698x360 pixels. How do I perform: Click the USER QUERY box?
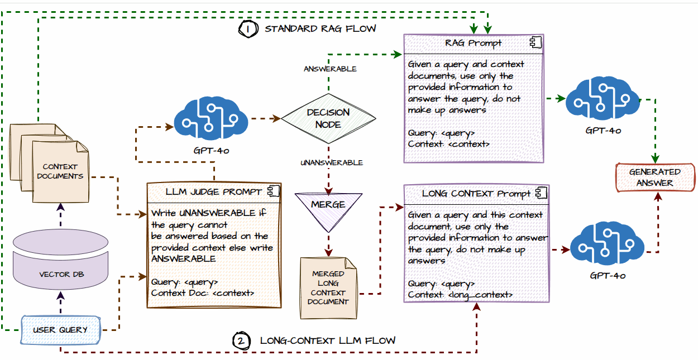pos(60,329)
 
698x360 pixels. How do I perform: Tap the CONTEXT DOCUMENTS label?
pos(60,171)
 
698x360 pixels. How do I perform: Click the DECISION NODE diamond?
pos(328,118)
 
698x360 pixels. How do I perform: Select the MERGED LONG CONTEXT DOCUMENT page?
pos(328,287)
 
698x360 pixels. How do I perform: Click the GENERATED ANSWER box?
pos(655,177)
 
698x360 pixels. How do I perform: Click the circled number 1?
pos(247,28)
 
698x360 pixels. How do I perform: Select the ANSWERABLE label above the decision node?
pos(330,69)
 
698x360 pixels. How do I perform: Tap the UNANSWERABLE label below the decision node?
pos(332,162)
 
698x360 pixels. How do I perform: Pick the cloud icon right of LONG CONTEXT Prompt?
pos(607,246)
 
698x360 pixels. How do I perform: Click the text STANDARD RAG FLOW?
pos(321,28)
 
